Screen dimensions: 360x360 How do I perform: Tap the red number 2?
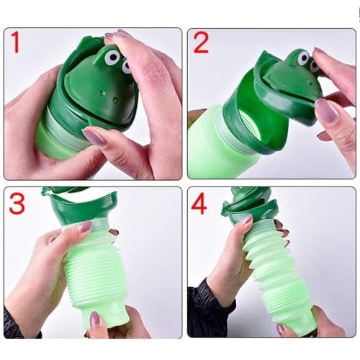coord(201,42)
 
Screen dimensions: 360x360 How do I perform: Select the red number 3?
coord(17,204)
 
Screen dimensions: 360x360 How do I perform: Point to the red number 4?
coord(199,204)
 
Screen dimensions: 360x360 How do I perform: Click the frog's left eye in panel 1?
coord(112,57)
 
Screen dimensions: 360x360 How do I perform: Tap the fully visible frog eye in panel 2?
coord(303,58)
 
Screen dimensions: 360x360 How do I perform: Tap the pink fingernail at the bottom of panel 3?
coord(94,320)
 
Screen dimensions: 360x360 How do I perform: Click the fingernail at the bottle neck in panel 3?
coord(85,226)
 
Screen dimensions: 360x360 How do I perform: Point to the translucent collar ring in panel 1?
coord(66,128)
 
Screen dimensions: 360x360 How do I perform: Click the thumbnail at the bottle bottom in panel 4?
coord(282,328)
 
